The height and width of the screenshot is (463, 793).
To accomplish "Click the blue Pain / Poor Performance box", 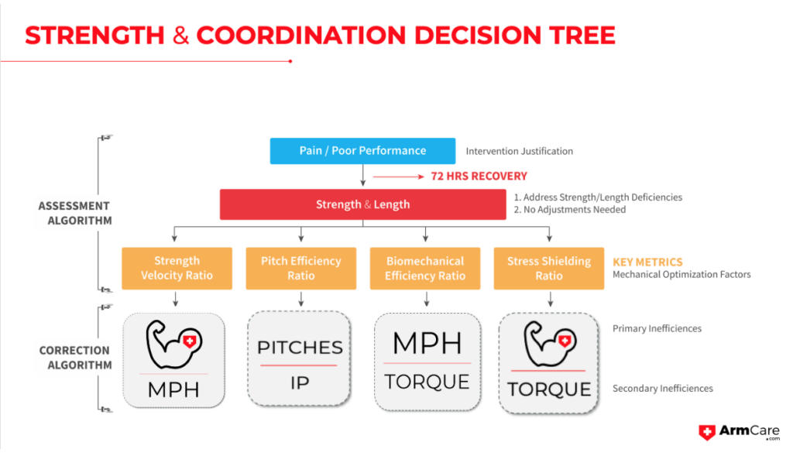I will tap(362, 150).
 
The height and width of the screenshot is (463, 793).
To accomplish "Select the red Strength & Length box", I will tap(362, 204).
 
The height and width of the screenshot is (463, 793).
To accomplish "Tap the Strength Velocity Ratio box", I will tap(177, 268).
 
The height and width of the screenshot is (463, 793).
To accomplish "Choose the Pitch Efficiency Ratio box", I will tap(300, 268).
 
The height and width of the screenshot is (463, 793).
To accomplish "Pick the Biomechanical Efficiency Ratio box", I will tap(425, 268).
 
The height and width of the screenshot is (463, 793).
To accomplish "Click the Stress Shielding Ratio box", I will tap(549, 268).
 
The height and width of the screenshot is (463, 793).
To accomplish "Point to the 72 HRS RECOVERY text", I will tap(479, 176).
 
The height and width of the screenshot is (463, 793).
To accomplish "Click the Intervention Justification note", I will tap(519, 151).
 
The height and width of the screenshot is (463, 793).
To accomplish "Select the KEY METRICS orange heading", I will tap(647, 262).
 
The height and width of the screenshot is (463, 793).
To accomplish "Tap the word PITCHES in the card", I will tap(300, 347).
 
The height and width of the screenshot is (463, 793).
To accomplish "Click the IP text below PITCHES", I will tap(300, 382).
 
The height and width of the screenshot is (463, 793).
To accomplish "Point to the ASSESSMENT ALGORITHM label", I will tap(74, 213).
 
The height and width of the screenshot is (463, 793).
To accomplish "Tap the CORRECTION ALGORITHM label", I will tap(75, 358).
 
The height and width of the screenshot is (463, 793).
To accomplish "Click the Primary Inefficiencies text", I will tap(657, 328).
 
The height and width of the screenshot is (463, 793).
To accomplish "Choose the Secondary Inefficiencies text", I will tap(662, 389).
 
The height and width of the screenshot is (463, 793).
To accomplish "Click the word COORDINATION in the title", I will tap(300, 35).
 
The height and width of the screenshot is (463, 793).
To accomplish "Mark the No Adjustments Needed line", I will tap(569, 210).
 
